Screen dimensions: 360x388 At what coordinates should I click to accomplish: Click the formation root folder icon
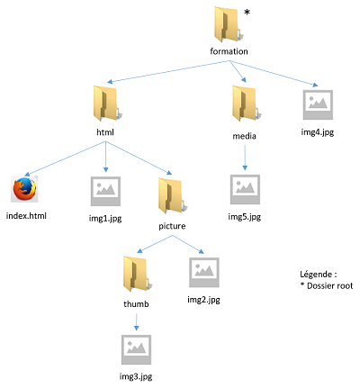pyautogui.click(x=227, y=24)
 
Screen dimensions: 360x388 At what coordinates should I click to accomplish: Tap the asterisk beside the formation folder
pyautogui.click(x=247, y=13)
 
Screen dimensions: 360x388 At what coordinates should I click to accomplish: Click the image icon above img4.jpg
pyautogui.click(x=318, y=104)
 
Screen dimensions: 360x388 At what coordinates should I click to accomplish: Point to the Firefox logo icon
pyautogui.click(x=24, y=189)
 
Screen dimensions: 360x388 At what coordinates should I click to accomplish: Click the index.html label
pyautogui.click(x=26, y=216)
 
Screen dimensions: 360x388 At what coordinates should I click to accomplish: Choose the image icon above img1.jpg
pyautogui.click(x=105, y=191)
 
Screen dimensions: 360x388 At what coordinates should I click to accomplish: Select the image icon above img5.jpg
pyautogui.click(x=245, y=189)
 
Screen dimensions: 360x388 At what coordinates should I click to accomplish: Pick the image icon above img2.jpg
pyautogui.click(x=204, y=272)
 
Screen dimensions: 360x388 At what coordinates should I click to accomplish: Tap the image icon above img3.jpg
pyautogui.click(x=136, y=349)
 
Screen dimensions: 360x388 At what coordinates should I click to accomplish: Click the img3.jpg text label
pyautogui.click(x=136, y=376)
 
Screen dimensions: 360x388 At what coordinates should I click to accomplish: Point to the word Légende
pyautogui.click(x=316, y=274)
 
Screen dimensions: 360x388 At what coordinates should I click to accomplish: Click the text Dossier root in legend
pyautogui.click(x=330, y=285)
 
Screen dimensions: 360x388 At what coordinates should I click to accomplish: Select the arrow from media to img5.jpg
pyautogui.click(x=245, y=158)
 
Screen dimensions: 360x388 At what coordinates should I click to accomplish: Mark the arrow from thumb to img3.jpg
pyautogui.click(x=137, y=322)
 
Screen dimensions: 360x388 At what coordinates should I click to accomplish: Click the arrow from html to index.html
pyautogui.click(x=65, y=158)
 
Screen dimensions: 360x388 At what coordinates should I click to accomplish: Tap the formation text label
pyautogui.click(x=229, y=51)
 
